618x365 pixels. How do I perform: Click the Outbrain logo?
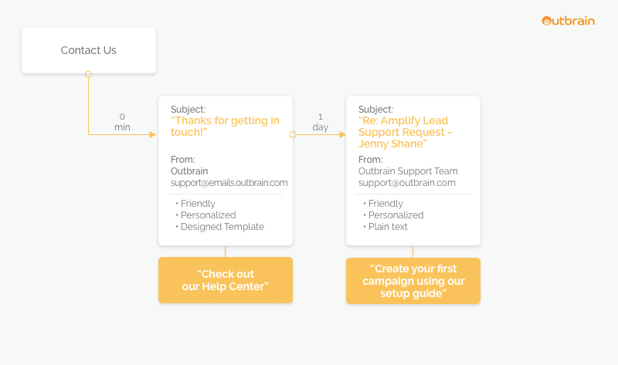(x=568, y=21)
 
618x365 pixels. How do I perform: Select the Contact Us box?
(x=89, y=50)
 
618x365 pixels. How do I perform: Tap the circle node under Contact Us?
(x=89, y=74)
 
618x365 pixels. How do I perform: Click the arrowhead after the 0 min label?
(x=153, y=135)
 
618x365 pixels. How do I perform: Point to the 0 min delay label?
(x=122, y=122)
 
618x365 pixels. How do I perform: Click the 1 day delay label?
(x=321, y=122)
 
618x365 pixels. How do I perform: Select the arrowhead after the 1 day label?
(x=342, y=135)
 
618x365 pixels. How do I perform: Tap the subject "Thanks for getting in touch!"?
(x=225, y=126)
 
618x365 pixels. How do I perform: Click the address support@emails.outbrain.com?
(x=229, y=183)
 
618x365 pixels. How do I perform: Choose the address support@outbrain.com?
(x=407, y=183)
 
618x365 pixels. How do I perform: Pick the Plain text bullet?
(x=385, y=227)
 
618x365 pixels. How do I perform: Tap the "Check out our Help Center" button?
(x=226, y=280)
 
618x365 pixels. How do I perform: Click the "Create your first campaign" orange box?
(x=413, y=281)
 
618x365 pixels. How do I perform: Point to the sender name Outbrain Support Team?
(x=408, y=171)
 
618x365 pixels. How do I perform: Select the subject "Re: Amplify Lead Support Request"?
(x=405, y=132)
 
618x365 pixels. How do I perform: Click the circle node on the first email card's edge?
(x=293, y=135)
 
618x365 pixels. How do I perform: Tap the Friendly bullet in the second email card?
(x=383, y=204)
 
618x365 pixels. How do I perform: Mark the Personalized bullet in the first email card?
(x=205, y=215)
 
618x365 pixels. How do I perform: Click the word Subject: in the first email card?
(x=188, y=109)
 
